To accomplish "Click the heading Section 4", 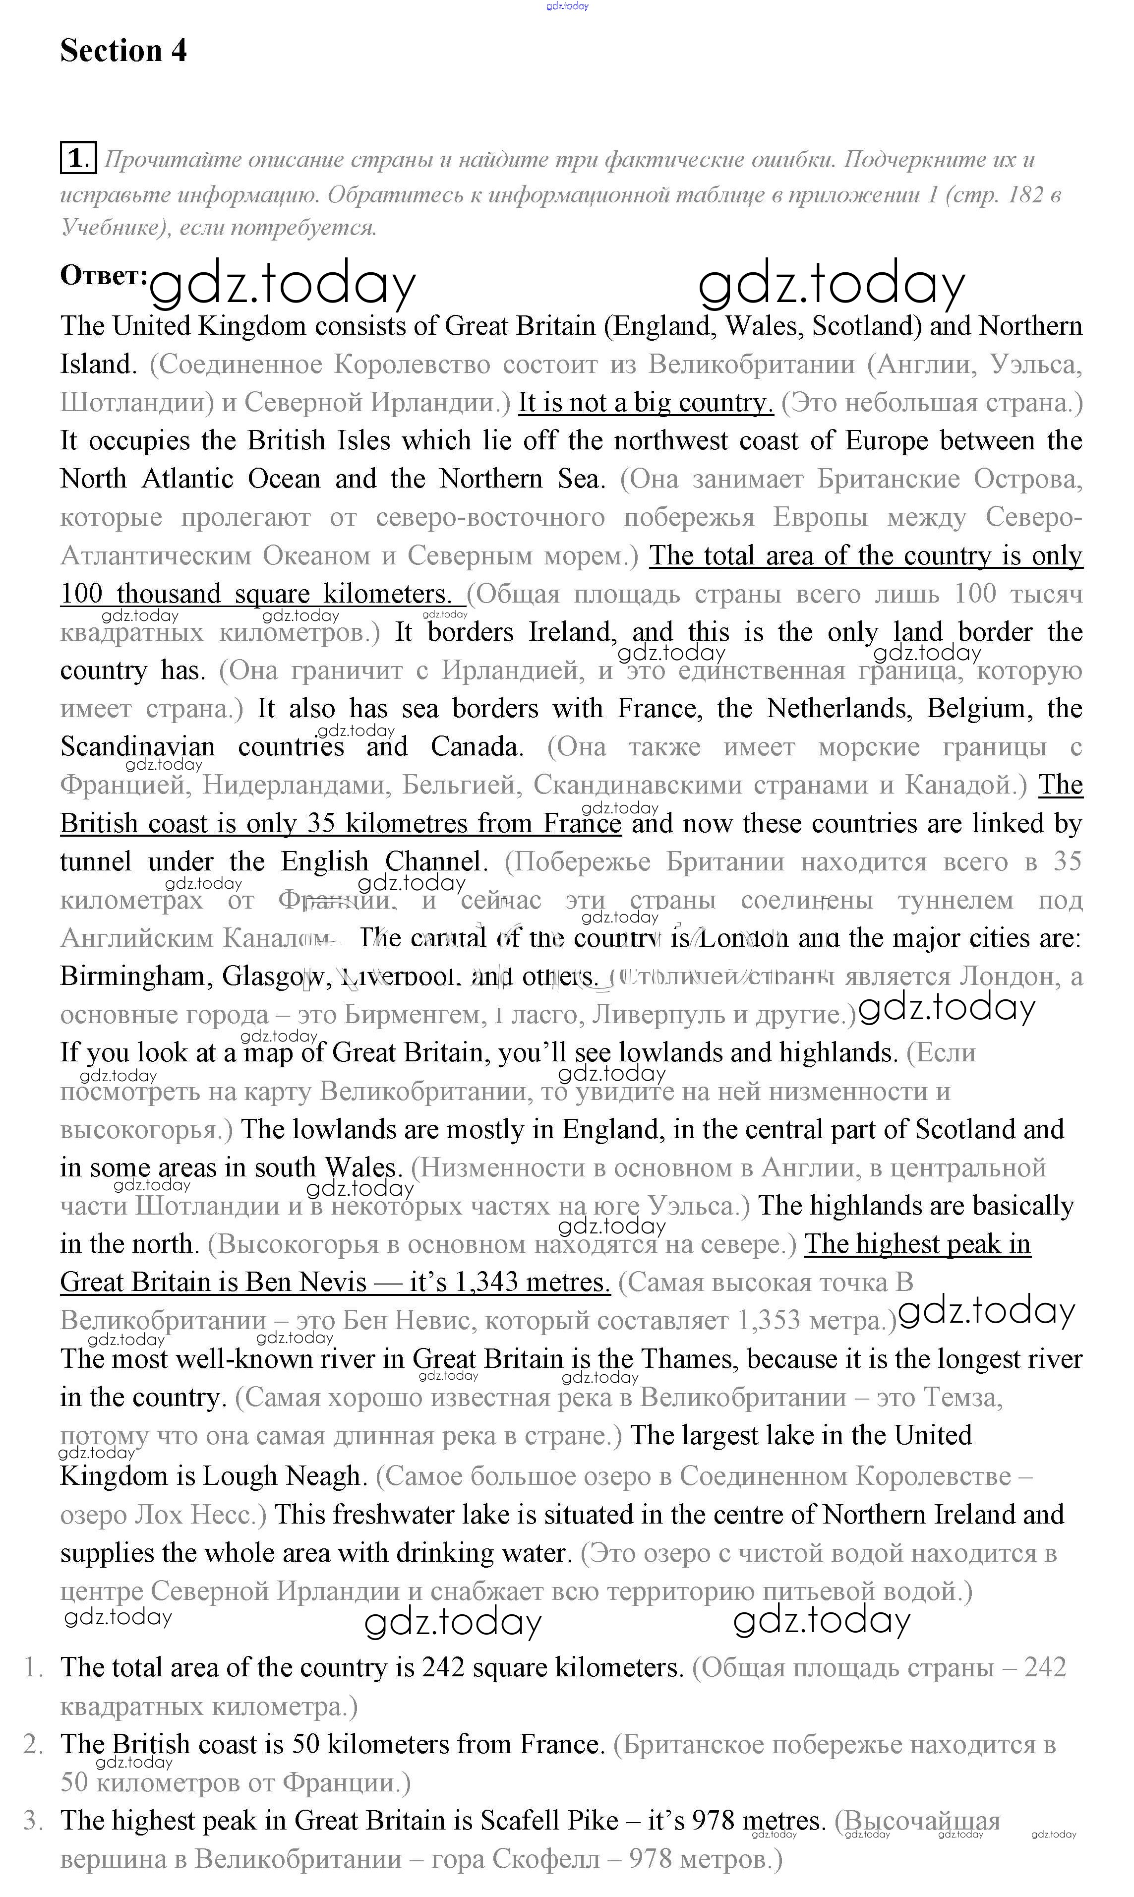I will coord(123,51).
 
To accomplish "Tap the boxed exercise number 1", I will coord(78,158).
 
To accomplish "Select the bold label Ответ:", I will coord(104,275).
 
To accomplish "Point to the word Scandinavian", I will coord(137,747).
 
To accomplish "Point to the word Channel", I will coord(435,862).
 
